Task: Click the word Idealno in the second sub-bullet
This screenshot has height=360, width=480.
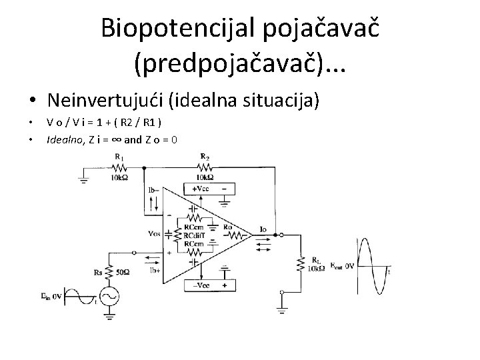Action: coord(60,141)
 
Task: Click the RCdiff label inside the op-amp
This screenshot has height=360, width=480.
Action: coord(195,235)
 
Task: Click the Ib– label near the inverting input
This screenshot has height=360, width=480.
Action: coord(154,191)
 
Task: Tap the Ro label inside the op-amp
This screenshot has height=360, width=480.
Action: coord(227,227)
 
